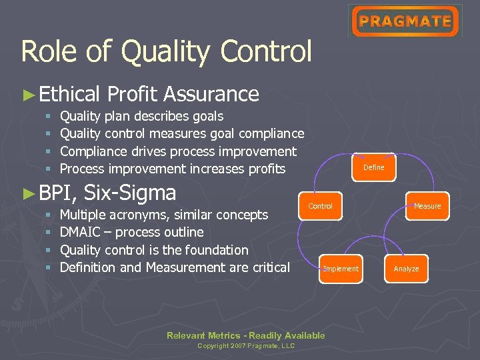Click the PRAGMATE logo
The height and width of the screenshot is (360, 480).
click(405, 21)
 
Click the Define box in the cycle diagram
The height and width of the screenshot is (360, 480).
click(373, 167)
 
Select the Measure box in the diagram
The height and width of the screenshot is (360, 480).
click(427, 206)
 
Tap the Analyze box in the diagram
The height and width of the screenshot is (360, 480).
click(406, 269)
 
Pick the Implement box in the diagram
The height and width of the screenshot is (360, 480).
click(341, 269)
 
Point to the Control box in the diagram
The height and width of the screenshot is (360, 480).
click(320, 206)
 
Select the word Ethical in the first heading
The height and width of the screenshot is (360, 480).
click(69, 94)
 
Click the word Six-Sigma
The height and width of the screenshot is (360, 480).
click(130, 193)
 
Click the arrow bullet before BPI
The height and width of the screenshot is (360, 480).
click(28, 193)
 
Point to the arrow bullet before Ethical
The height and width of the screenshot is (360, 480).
click(28, 95)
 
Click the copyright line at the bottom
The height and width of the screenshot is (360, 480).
click(246, 346)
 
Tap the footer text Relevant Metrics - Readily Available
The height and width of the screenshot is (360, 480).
click(246, 335)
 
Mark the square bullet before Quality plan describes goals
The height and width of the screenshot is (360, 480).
click(49, 117)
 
